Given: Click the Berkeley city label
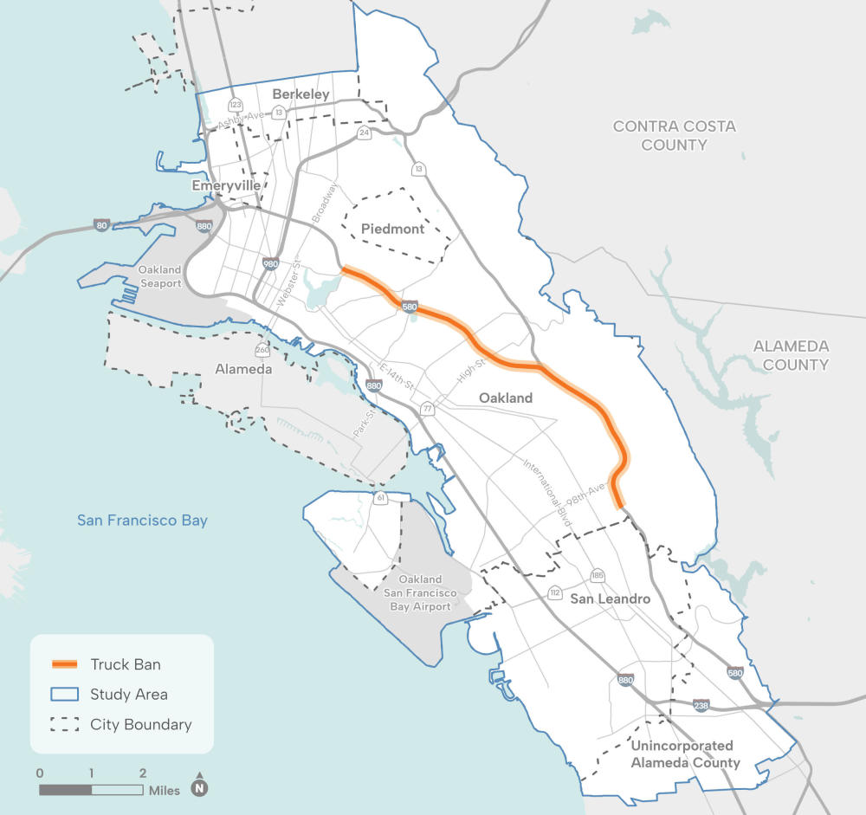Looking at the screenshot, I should tap(301, 94).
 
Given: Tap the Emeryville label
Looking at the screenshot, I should tap(226, 185).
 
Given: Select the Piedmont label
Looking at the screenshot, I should tap(393, 229).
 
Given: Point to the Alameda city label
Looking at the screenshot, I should tap(243, 369).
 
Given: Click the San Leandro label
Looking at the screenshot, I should tap(610, 598).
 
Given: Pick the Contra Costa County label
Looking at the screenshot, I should tap(674, 135).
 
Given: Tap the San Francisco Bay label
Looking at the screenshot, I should tap(142, 521).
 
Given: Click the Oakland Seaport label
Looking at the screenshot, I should tap(159, 277).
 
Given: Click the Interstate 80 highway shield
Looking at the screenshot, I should tap(102, 224).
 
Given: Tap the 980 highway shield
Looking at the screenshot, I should tap(270, 262).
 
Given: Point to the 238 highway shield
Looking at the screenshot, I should tap(701, 706).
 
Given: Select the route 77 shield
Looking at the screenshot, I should tap(427, 409).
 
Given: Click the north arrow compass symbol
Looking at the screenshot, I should tap(200, 787).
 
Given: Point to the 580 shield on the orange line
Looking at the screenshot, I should tap(410, 307).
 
